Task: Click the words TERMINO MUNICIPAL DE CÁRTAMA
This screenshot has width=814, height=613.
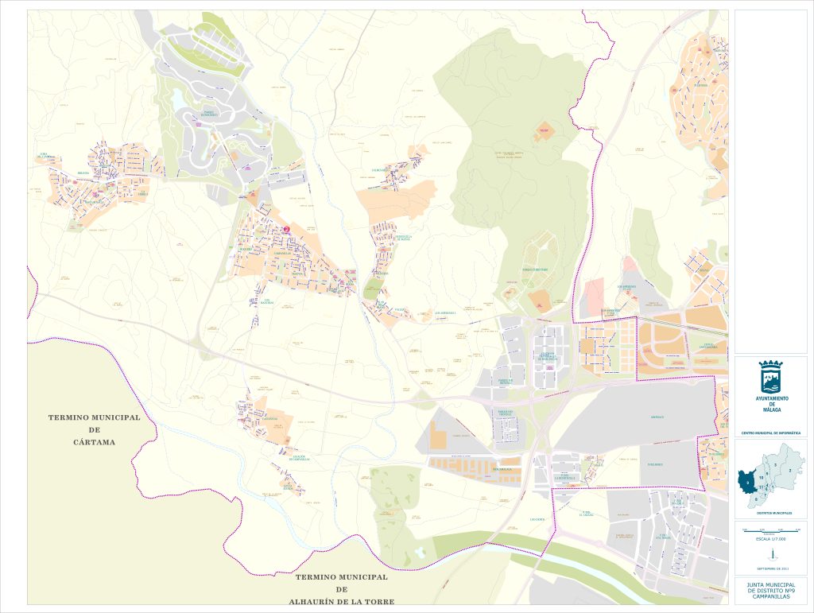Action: [94, 429]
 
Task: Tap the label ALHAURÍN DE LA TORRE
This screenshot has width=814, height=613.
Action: [341, 601]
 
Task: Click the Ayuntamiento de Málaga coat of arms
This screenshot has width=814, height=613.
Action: [770, 375]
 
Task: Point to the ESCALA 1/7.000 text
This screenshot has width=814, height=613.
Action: [770, 538]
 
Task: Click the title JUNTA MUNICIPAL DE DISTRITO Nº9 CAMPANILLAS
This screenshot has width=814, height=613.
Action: [770, 591]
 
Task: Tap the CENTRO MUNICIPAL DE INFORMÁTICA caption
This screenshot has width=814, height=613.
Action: [770, 433]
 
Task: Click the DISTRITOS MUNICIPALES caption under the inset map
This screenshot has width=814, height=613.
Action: [770, 513]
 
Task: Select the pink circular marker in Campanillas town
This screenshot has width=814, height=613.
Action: [286, 230]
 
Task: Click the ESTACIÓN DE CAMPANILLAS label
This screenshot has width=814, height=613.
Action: [299, 458]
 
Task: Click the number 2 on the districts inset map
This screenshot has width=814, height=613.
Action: [790, 470]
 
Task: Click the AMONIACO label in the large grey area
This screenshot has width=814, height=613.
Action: [657, 417]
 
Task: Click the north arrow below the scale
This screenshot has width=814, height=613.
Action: [770, 553]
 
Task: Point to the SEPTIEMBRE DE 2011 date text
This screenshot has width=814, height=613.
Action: [770, 568]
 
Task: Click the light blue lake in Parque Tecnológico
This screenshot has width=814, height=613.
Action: [176, 99]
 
